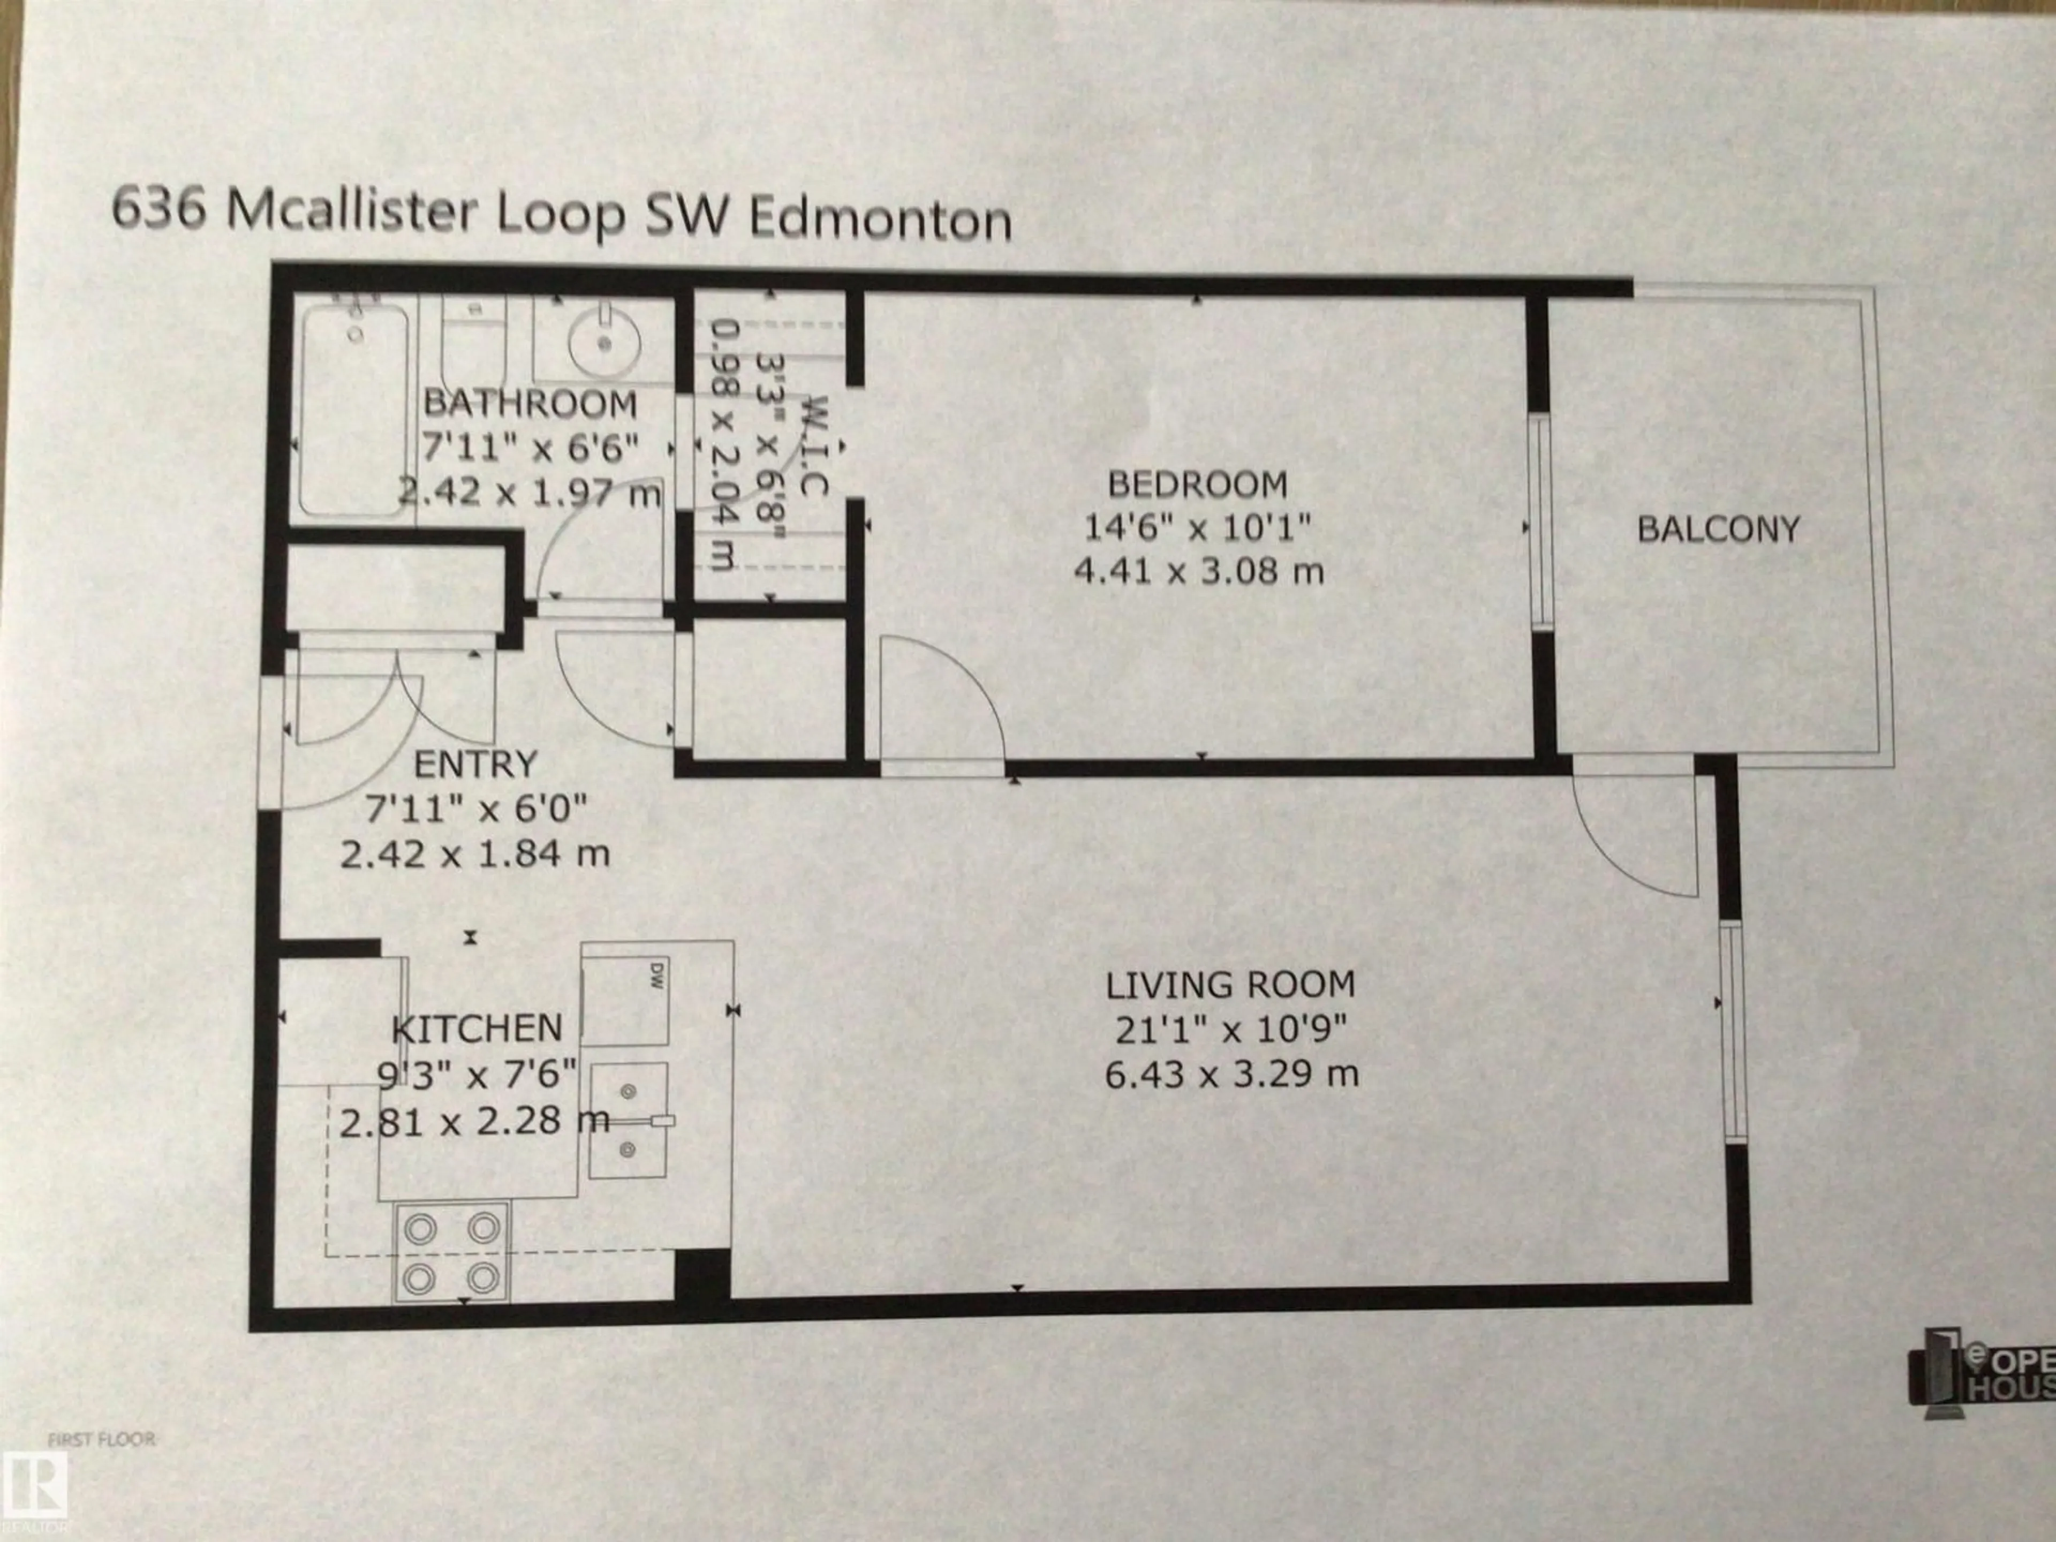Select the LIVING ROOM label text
click(x=1230, y=984)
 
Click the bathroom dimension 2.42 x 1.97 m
click(x=530, y=491)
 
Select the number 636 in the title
click(x=158, y=210)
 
